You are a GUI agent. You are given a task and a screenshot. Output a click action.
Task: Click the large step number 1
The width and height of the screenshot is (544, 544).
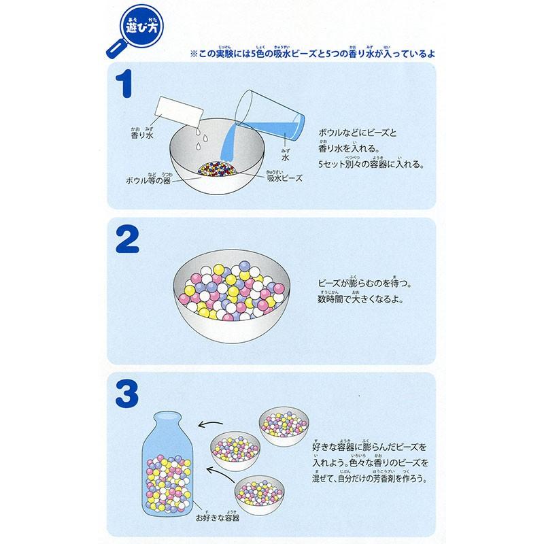coord(124,84)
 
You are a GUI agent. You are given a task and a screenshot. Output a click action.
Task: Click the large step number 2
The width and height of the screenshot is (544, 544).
coord(127,240)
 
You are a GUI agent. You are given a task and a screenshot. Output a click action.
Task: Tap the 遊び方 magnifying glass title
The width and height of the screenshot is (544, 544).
coord(135,30)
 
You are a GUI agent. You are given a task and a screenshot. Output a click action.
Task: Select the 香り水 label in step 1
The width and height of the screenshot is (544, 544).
coord(142,133)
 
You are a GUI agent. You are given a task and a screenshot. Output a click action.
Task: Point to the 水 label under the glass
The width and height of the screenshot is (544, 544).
coord(285,156)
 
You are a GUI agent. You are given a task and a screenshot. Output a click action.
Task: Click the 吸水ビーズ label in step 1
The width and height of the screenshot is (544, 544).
coord(284,177)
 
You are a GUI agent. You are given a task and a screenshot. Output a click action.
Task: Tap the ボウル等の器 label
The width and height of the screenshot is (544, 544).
coord(148,179)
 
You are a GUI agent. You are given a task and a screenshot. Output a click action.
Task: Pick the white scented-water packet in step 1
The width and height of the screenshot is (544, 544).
coord(179,112)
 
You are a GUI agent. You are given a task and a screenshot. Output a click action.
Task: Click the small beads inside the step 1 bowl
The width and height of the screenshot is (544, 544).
coord(217,169)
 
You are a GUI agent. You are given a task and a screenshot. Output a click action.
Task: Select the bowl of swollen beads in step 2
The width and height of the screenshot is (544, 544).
coord(231,296)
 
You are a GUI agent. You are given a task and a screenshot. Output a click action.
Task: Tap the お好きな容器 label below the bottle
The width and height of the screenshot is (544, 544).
coord(218,517)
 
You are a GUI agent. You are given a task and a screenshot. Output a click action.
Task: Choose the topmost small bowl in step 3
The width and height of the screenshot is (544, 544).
coord(284,426)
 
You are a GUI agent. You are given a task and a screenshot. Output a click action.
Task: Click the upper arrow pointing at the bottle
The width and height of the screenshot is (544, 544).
coord(210,424)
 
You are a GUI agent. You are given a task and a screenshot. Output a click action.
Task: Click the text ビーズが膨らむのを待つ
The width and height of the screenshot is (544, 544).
coord(365,282)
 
